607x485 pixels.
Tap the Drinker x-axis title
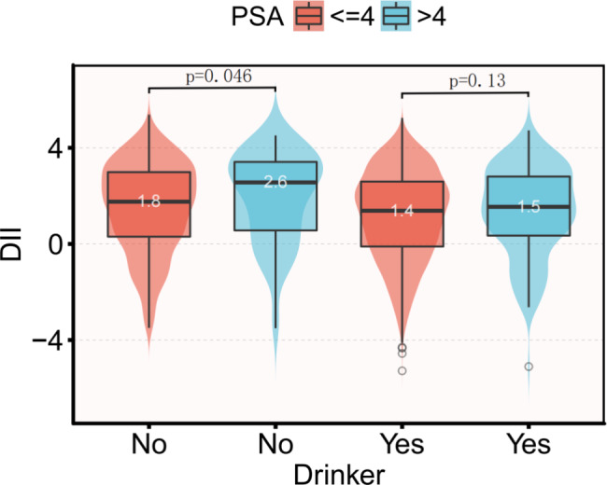[339, 471]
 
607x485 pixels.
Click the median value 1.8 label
[149, 201]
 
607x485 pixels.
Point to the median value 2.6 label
[275, 182]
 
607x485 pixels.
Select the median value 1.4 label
[402, 211]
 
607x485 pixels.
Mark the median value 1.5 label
[529, 207]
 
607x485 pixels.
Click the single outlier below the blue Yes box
[529, 367]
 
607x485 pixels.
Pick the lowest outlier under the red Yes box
[402, 370]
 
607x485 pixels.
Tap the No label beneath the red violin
[149, 441]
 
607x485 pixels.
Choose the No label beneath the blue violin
[275, 441]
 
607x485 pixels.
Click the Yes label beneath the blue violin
[529, 441]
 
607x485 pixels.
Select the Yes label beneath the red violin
[402, 441]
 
